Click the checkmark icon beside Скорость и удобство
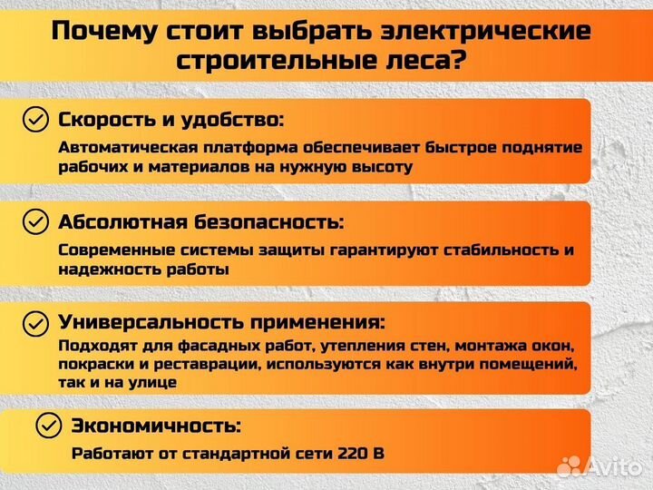coord(35,120)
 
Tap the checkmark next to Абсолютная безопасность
coord(35,221)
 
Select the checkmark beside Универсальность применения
coord(35,322)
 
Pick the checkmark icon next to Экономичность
coord(49,425)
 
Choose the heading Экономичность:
coord(156,425)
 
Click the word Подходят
coord(92,346)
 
